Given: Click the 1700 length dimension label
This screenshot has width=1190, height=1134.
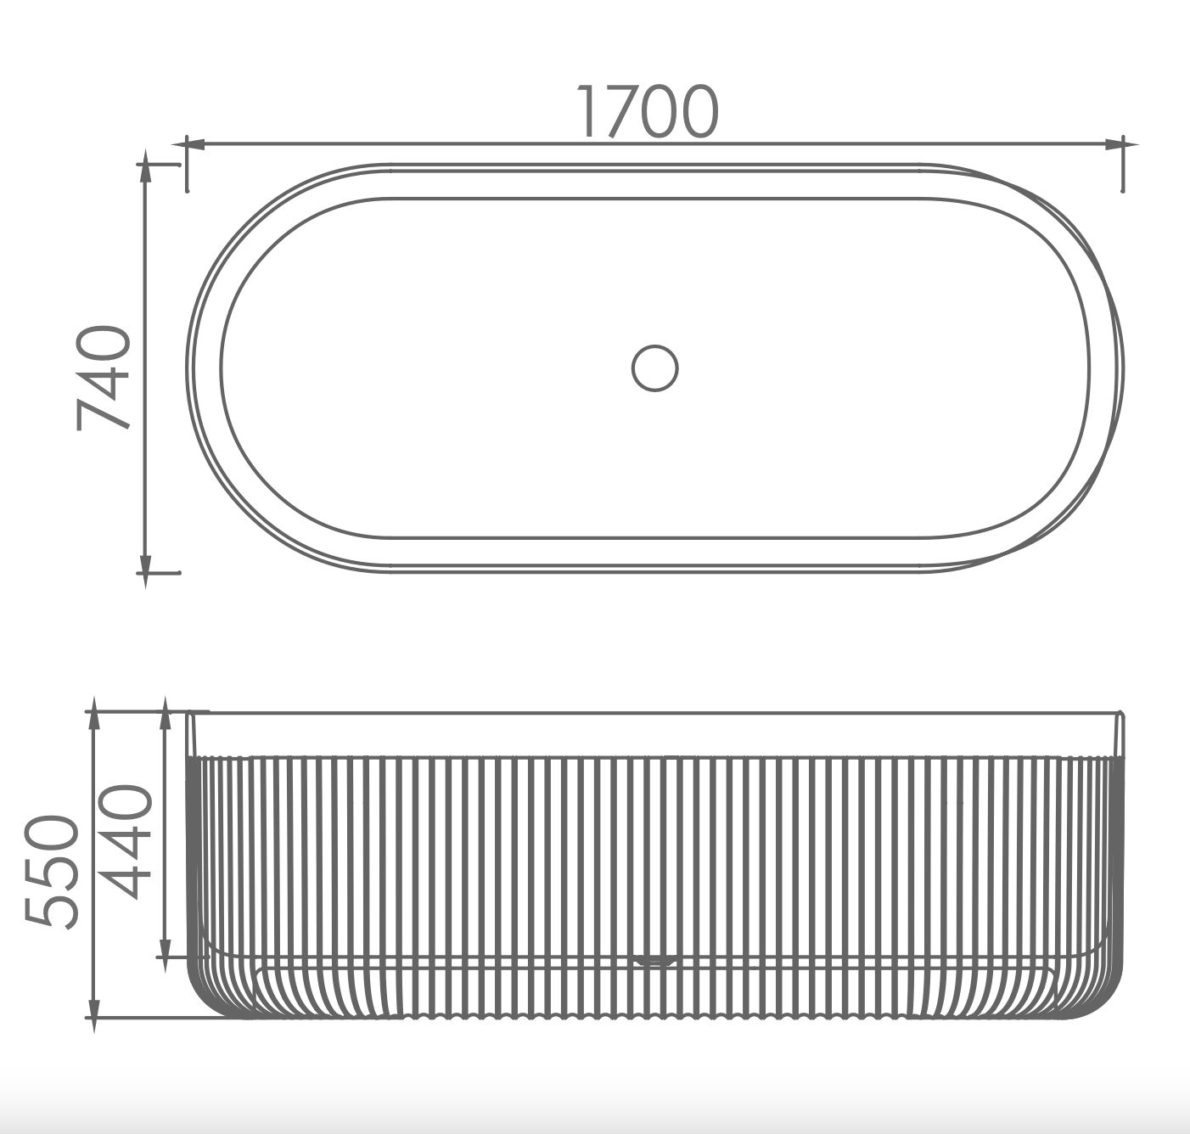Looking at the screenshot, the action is coord(648,112).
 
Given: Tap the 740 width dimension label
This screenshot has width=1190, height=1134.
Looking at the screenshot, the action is coord(104,378).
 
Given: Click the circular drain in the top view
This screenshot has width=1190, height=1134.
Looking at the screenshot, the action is coord(654,368).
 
